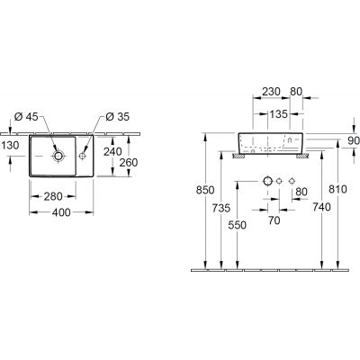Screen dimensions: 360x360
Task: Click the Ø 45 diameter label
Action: [26, 116]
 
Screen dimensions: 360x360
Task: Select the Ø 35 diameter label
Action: [118, 116]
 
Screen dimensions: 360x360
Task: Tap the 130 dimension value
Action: [10, 146]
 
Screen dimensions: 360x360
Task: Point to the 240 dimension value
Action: [112, 151]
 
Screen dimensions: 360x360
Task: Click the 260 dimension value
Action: [129, 162]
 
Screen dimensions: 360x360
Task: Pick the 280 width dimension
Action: [53, 196]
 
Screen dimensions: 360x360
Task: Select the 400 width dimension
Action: [61, 212]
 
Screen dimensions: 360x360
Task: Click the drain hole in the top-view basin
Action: [58, 156]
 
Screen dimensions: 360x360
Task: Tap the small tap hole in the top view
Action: [82, 156]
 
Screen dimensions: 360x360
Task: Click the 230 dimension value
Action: [271, 92]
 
